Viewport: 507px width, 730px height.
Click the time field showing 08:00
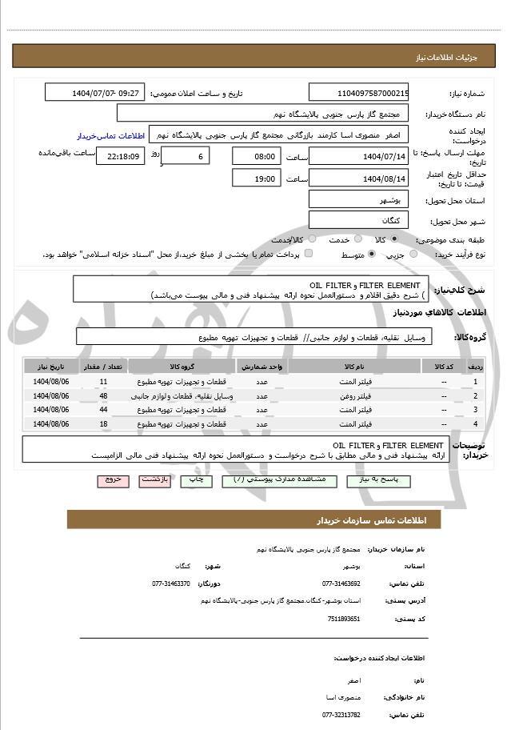[x=256, y=156]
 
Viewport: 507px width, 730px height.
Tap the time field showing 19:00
[x=256, y=178]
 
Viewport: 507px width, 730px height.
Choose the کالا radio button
[x=395, y=239]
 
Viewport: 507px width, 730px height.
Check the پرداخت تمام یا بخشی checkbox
[x=309, y=254]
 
